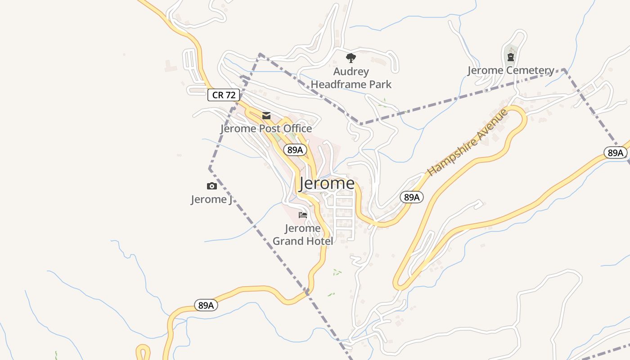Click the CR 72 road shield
click(x=224, y=95)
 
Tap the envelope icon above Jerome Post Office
click(x=266, y=116)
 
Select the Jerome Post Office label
click(x=266, y=129)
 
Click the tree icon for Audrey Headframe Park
click(x=351, y=58)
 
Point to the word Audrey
click(x=351, y=72)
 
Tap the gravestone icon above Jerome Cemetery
click(x=511, y=57)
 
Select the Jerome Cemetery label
click(x=511, y=70)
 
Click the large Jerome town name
click(x=327, y=183)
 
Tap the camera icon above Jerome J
click(x=211, y=186)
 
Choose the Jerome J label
click(x=211, y=199)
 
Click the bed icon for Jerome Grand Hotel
click(x=303, y=215)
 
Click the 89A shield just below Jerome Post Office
click(x=295, y=150)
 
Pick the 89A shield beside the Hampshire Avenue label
click(x=412, y=197)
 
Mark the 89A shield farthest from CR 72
click(x=615, y=153)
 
